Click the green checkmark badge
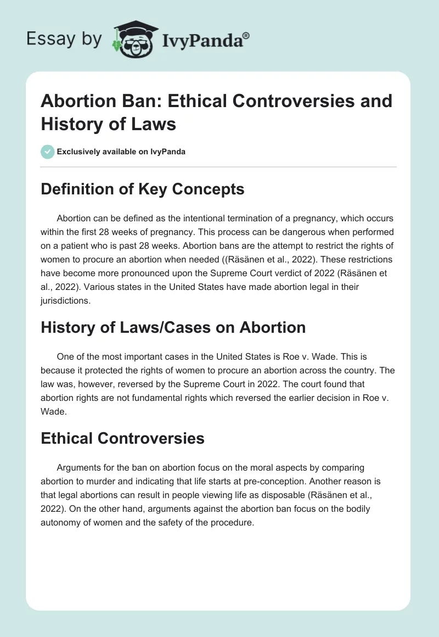click(47, 152)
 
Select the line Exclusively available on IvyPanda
click(121, 152)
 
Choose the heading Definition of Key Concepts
click(142, 189)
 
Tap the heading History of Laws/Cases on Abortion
click(173, 327)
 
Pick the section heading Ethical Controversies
click(122, 438)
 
